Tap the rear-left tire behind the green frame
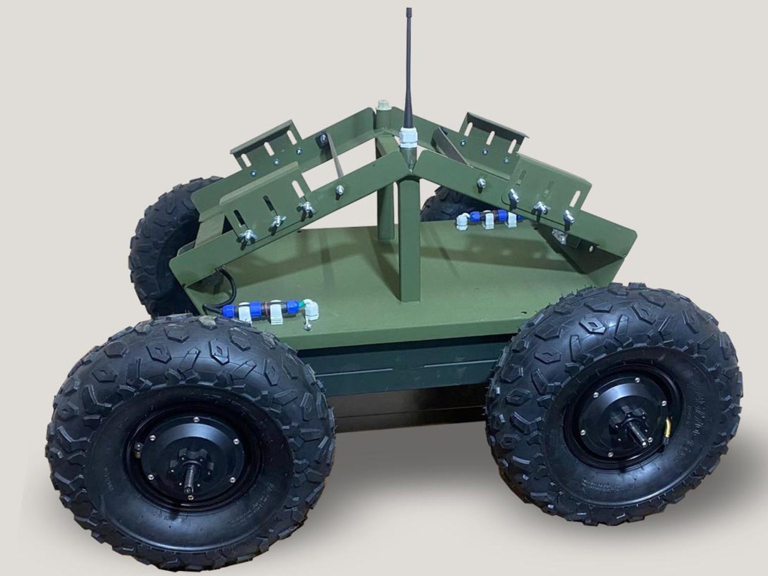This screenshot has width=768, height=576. tap(160, 245)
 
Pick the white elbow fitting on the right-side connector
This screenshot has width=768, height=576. tap(463, 221)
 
